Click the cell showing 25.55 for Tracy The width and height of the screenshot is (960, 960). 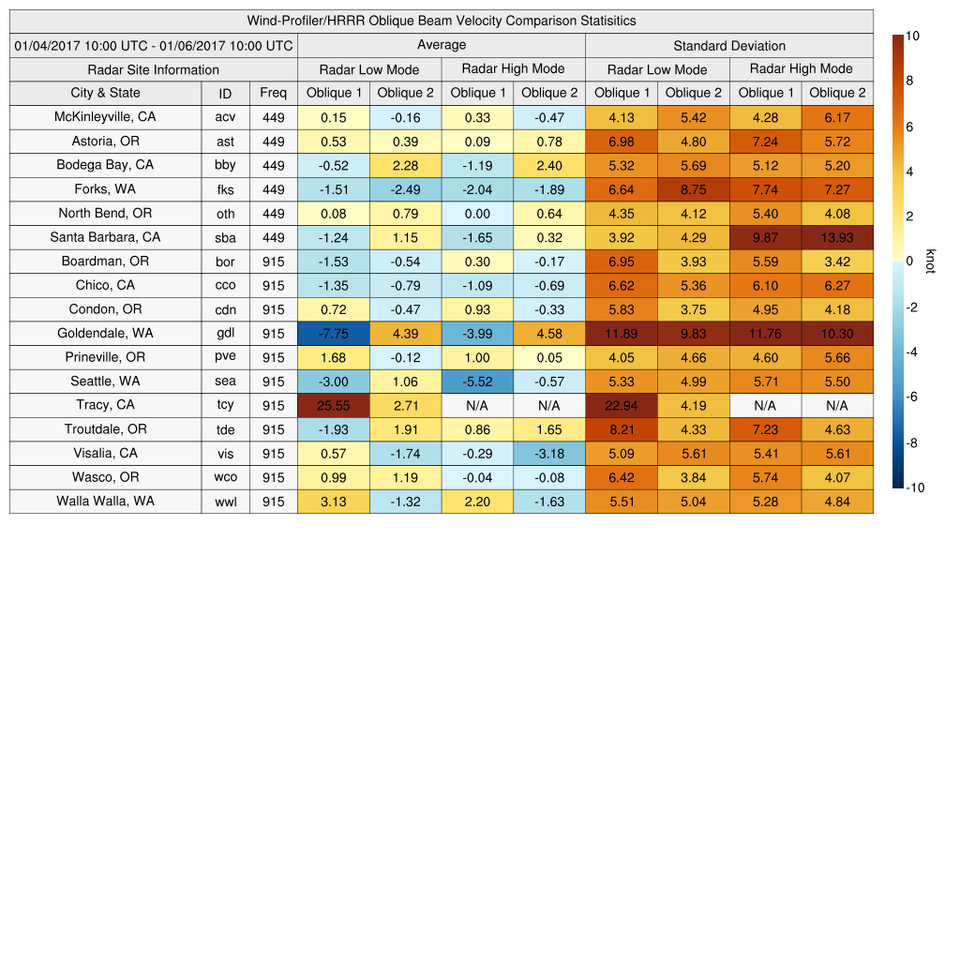click(x=333, y=405)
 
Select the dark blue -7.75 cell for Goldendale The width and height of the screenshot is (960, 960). click(x=333, y=333)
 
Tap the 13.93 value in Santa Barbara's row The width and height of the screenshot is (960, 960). click(x=837, y=237)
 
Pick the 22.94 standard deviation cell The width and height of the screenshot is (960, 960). click(x=622, y=405)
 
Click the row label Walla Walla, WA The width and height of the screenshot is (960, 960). click(x=105, y=501)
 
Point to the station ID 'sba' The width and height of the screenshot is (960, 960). click(x=225, y=237)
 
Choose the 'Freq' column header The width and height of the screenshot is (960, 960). click(x=273, y=93)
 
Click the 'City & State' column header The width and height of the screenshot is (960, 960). click(x=105, y=93)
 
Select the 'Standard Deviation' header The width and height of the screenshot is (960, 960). click(x=729, y=46)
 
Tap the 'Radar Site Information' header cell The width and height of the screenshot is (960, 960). click(x=153, y=69)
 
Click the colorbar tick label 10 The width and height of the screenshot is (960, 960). click(x=912, y=36)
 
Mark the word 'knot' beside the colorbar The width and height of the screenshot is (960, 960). click(x=930, y=261)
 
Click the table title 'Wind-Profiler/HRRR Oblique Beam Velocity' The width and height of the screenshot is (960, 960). click(x=441, y=21)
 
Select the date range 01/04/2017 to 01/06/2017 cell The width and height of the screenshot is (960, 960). click(x=153, y=46)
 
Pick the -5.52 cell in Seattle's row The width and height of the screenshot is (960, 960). click(x=477, y=382)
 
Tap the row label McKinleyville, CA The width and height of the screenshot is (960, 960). click(x=105, y=117)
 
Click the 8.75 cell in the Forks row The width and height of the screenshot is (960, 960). click(x=694, y=189)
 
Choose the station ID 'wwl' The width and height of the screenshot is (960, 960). click(x=225, y=502)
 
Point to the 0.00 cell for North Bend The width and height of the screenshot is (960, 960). click(x=477, y=213)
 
